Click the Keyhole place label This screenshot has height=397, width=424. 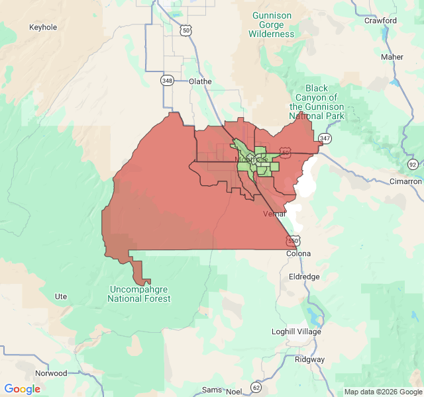pos(43,27)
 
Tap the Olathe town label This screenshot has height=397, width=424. pos(200,81)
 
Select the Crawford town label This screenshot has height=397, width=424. pos(380,21)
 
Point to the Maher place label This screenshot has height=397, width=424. pos(392,57)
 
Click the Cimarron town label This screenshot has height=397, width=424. pos(405,181)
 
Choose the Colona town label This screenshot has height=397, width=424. pos(298,253)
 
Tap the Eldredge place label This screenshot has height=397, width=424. pos(304,277)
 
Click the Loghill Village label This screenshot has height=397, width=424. pos(296,331)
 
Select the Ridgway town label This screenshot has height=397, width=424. pos(309,359)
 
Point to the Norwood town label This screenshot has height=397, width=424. pos(51,373)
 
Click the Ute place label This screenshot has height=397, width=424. pos(61,296)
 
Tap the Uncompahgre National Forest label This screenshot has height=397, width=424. pos(139,294)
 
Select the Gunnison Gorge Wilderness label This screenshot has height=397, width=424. pos(272,24)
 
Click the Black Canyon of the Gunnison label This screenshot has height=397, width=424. pos(317,102)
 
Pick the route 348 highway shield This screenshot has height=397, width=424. pos(167,80)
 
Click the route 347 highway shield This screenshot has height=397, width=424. pos(325,138)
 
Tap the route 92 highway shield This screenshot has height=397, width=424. pos(413,164)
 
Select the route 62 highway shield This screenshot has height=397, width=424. pos(256,386)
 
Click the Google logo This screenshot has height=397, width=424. pos(23,389)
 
